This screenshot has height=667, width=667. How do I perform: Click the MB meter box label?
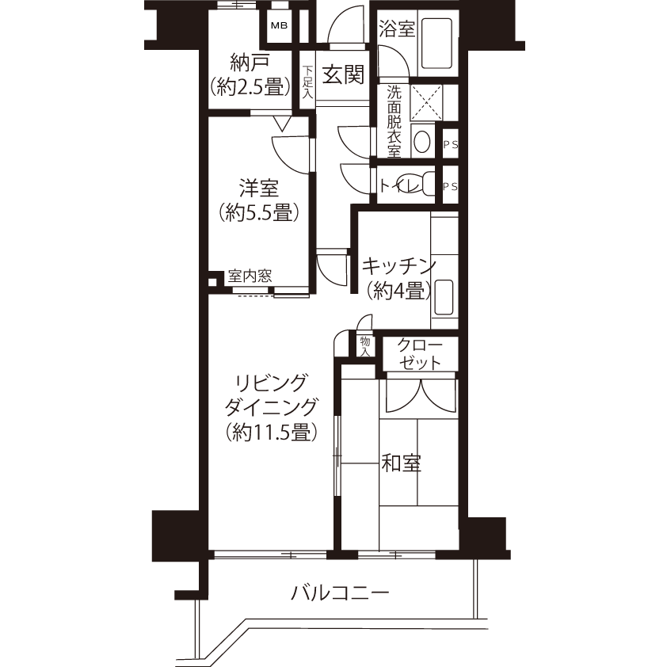(279, 25)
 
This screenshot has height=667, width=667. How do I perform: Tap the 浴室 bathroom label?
(396, 29)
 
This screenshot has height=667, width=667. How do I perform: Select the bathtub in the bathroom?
(436, 43)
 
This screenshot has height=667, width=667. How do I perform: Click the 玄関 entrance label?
(343, 74)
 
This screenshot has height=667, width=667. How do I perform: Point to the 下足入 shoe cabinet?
(307, 82)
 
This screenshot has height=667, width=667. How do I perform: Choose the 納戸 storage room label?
(250, 63)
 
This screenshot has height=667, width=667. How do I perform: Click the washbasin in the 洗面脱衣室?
(421, 142)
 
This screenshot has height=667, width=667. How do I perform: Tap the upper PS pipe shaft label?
(451, 144)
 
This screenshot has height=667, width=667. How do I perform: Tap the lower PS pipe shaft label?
(451, 186)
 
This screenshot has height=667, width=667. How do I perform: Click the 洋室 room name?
(258, 188)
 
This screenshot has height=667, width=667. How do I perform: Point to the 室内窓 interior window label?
(250, 276)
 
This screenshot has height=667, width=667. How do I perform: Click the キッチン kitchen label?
(398, 266)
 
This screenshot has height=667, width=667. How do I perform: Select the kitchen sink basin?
(444, 297)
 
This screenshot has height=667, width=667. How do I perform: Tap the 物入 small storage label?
(365, 346)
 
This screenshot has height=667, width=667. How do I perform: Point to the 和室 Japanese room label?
(401, 463)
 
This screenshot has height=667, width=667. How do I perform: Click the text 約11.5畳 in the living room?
(272, 432)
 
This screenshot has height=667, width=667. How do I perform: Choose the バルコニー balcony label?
(340, 593)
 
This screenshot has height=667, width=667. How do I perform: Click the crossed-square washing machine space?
(426, 102)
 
